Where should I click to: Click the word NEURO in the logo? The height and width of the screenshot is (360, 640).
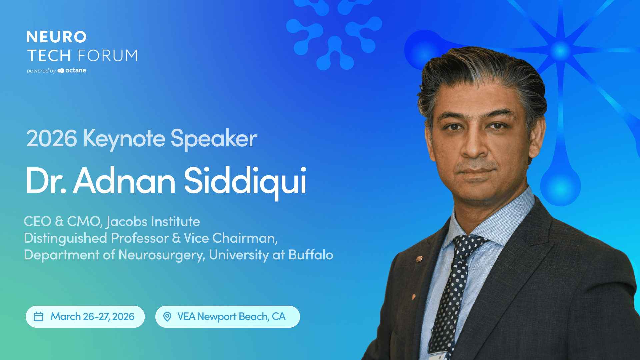56,37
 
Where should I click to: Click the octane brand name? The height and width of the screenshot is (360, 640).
76,70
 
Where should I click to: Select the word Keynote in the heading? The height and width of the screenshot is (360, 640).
124,139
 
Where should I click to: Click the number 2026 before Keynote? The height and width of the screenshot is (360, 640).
52,139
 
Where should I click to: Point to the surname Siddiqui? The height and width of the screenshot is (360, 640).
245,182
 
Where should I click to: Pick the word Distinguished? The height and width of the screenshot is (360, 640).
65,239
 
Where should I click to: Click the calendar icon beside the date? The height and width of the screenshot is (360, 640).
39,316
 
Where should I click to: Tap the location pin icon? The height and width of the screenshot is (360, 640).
167,316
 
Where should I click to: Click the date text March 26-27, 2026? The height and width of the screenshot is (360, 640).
92,316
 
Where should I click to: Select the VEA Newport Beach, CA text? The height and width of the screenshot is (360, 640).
231,316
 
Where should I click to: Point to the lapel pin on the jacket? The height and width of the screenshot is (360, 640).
419,259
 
